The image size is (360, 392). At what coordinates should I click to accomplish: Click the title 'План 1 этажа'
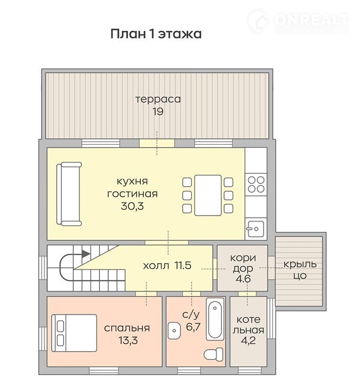(x=156, y=34)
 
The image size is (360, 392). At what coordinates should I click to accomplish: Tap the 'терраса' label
(x=158, y=99)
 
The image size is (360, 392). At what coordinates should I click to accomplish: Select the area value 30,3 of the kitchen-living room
(x=132, y=206)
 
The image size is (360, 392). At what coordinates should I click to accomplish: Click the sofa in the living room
(x=69, y=194)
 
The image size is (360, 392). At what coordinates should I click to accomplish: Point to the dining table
(x=208, y=195)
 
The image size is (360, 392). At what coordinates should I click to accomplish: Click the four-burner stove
(x=256, y=184)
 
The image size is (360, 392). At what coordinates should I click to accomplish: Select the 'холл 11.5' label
(x=167, y=265)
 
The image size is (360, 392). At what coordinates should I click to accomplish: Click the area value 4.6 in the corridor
(x=243, y=279)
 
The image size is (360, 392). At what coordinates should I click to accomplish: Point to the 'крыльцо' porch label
(x=300, y=270)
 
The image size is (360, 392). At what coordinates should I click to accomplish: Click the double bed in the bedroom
(x=74, y=333)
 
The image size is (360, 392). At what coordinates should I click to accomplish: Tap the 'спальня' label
(x=127, y=328)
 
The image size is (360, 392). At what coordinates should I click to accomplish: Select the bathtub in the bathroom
(x=214, y=319)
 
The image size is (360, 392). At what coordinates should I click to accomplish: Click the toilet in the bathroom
(x=214, y=354)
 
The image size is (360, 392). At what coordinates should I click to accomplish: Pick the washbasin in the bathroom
(x=174, y=330)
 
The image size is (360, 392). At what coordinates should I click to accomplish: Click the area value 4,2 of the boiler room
(x=248, y=340)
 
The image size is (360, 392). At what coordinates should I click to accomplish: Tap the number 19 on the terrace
(x=158, y=112)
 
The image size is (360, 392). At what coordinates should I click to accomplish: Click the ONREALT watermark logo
(x=299, y=22)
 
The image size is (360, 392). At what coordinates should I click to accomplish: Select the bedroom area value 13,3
(x=128, y=340)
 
